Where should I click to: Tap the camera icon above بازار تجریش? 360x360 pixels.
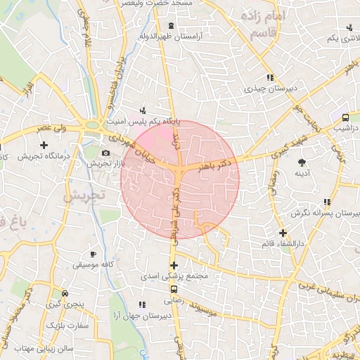click(105, 153)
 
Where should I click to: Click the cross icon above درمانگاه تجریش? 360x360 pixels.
click(44, 144)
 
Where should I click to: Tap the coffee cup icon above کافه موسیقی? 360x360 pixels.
click(93, 255)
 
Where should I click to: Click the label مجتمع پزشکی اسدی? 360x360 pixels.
click(174, 276)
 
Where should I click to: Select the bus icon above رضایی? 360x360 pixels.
click(174, 288)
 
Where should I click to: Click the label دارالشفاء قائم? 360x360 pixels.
click(283, 243)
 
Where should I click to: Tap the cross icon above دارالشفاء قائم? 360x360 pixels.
click(283, 232)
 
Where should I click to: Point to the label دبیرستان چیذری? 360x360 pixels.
click(268, 89)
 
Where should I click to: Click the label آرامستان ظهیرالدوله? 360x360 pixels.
click(172, 35)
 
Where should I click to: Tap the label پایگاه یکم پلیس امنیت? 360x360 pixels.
click(143, 122)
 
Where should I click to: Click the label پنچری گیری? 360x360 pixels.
click(64, 305)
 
